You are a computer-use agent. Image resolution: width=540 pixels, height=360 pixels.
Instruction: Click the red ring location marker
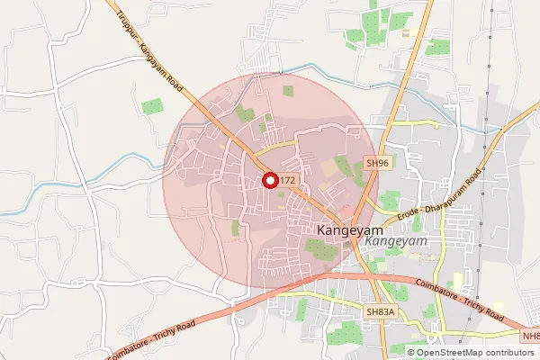pos(269,180)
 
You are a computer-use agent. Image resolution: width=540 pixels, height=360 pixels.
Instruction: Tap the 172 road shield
pos(287,181)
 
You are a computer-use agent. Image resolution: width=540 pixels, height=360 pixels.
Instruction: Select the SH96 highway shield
pos(377,162)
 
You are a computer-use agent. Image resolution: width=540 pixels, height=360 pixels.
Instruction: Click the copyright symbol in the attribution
pos(411,352)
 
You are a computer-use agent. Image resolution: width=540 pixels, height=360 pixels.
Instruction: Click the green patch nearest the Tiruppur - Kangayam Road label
pos(152,106)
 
